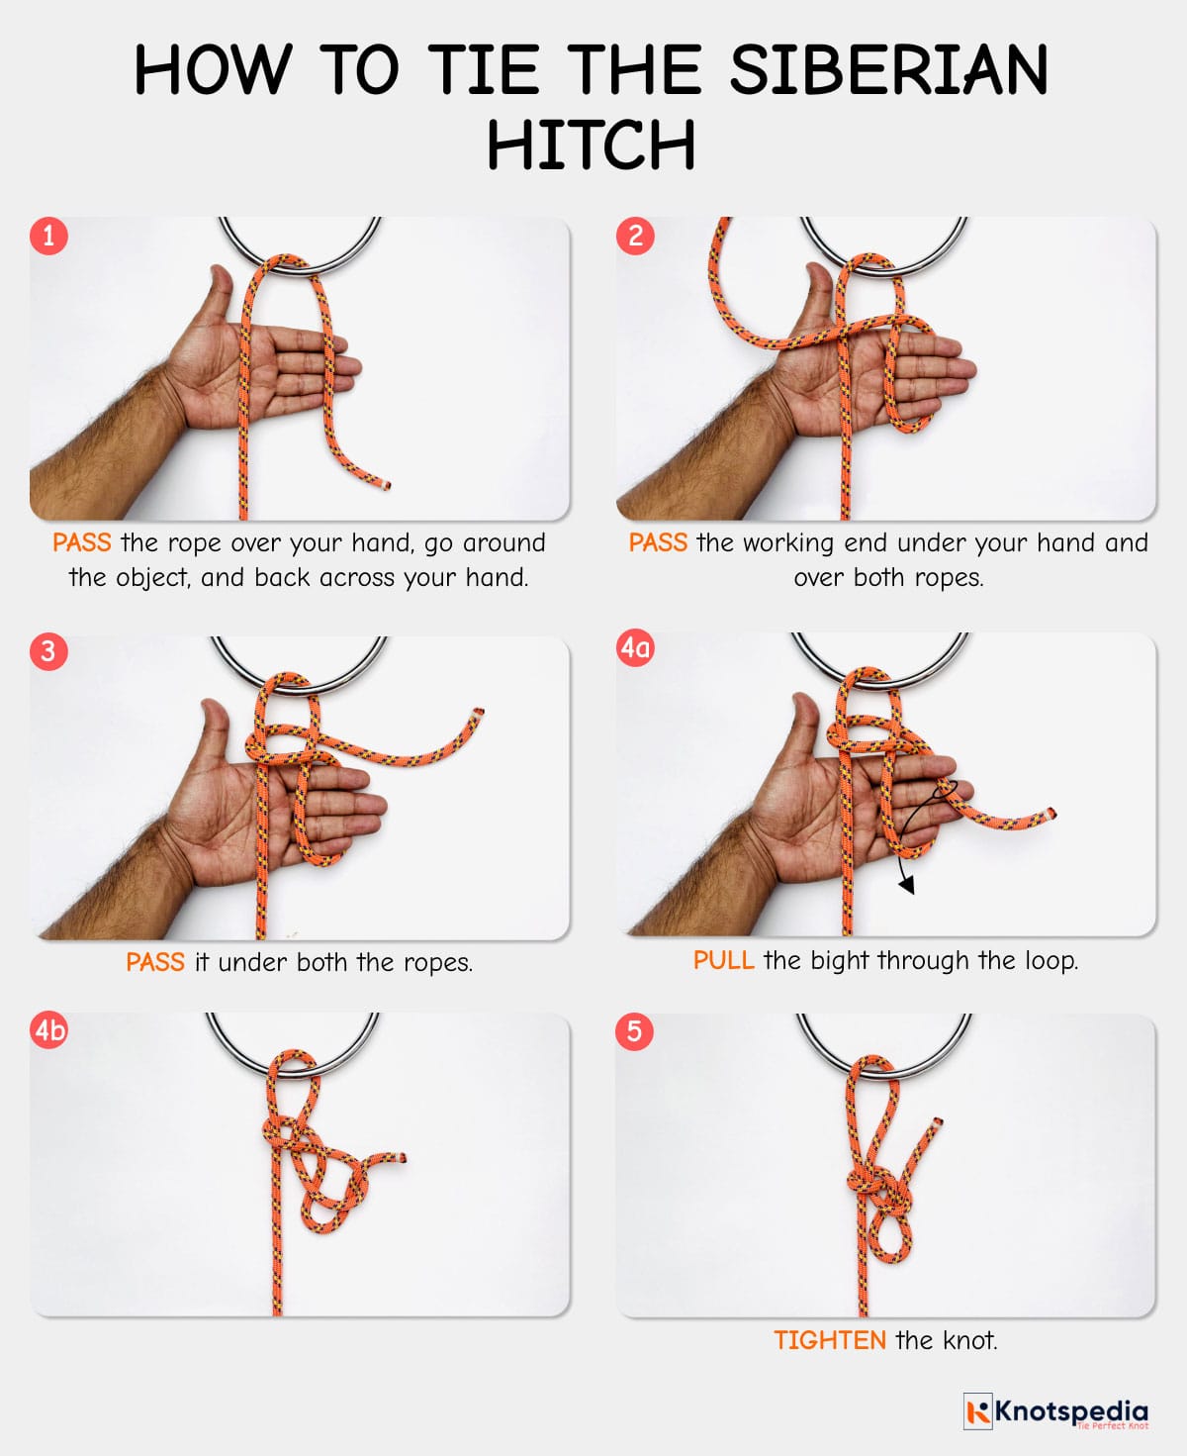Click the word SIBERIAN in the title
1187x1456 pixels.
888,70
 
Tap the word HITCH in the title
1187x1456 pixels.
591,146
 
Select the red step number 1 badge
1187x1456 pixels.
48,236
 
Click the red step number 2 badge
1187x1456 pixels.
635,236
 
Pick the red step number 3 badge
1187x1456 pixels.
48,651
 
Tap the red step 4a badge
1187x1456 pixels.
635,648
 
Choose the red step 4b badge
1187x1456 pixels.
49,1031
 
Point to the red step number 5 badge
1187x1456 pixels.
634,1031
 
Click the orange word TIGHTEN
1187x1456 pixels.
829,1340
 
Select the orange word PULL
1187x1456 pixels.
723,960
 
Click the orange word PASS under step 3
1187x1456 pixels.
155,962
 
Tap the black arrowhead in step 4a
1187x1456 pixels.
906,885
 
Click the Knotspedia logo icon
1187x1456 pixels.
977,1411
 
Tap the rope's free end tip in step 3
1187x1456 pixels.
479,712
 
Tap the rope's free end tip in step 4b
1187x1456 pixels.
401,1157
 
